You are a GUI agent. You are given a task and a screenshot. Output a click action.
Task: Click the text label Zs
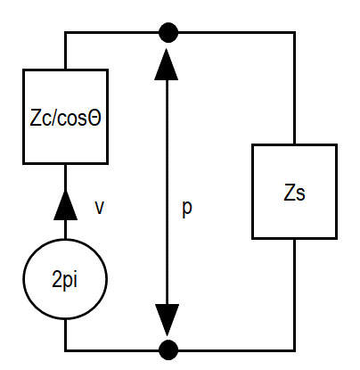pyautogui.click(x=294, y=193)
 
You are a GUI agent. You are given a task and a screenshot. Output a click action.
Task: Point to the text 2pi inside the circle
pyautogui.click(x=65, y=280)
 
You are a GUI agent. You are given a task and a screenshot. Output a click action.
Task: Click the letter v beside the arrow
pyautogui.click(x=99, y=208)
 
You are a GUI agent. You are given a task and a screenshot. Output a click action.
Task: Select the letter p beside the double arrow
pyautogui.click(x=187, y=209)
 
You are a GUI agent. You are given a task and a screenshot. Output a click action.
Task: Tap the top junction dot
pyautogui.click(x=168, y=32)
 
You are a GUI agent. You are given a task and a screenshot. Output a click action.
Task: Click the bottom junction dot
pyautogui.click(x=168, y=350)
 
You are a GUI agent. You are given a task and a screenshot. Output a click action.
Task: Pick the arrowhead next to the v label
pyautogui.click(x=65, y=206)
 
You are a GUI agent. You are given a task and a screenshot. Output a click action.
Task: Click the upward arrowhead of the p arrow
pyautogui.click(x=167, y=64)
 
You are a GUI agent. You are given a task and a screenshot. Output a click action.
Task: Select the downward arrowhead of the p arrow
pyautogui.click(x=168, y=320)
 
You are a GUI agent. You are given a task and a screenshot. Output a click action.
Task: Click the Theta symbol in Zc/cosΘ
pyautogui.click(x=95, y=118)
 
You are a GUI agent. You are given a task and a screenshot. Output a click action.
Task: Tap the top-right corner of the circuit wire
pyautogui.click(x=294, y=32)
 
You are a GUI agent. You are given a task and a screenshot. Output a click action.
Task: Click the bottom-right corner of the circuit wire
pyautogui.click(x=294, y=350)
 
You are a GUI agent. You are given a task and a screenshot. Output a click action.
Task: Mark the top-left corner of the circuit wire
pyautogui.click(x=65, y=32)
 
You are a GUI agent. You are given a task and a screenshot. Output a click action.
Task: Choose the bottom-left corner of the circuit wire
pyautogui.click(x=65, y=350)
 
